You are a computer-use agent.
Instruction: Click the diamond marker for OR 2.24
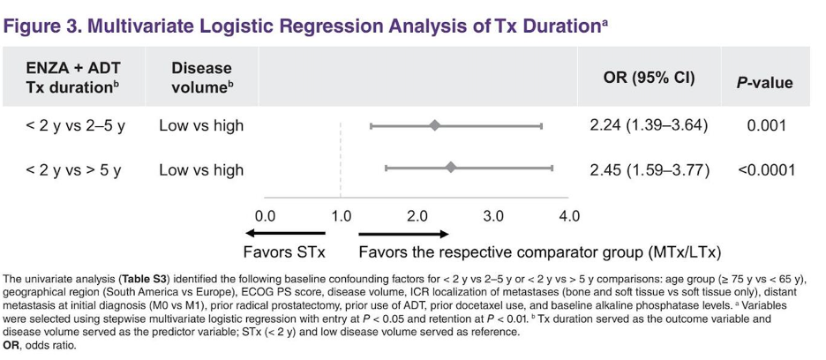point(434,125)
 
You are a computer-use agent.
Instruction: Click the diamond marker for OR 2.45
point(450,169)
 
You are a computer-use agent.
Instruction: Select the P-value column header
point(764,83)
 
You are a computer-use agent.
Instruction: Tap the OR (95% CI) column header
point(649,78)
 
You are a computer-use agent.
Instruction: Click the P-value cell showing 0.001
point(765,125)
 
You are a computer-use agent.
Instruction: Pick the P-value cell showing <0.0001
point(765,169)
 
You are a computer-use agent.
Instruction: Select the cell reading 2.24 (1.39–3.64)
point(649,125)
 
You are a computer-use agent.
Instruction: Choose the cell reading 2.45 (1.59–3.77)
point(650,169)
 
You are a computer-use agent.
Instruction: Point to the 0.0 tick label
point(265,217)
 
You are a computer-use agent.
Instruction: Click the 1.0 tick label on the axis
point(341,217)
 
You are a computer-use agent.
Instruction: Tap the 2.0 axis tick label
point(417,217)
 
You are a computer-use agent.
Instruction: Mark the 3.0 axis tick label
point(493,217)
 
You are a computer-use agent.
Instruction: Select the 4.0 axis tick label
point(569,217)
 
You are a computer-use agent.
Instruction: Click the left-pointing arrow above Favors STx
point(285,234)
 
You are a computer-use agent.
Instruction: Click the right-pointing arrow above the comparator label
point(403,234)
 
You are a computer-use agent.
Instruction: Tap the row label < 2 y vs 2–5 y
point(76,126)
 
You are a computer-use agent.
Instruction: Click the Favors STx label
point(284,252)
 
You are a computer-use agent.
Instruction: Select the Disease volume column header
point(201,78)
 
